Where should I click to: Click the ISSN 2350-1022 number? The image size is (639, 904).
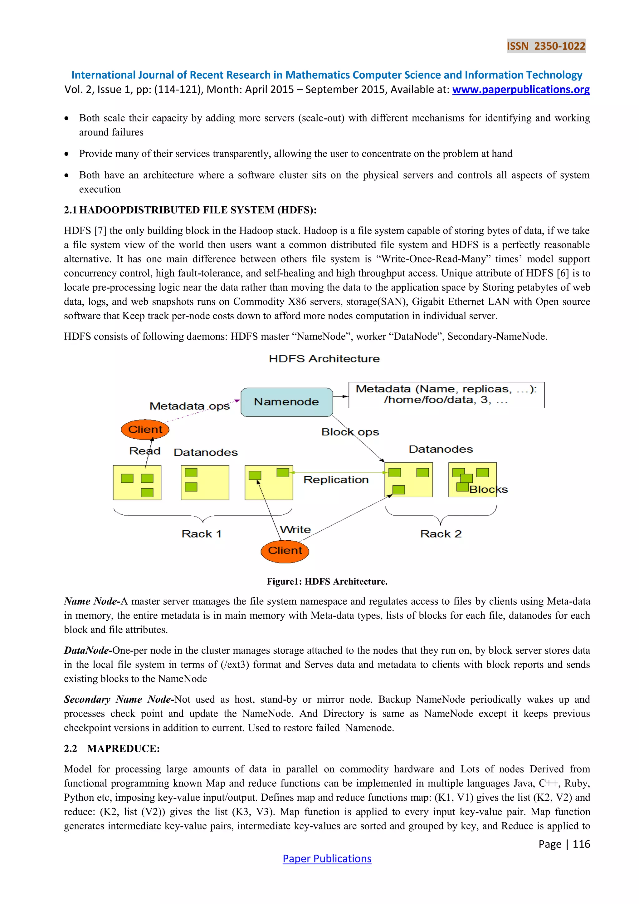pos(546,46)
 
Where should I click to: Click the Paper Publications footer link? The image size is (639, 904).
pos(327,858)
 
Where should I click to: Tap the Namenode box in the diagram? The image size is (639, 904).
pos(286,402)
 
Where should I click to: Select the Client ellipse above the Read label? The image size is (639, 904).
pos(145,429)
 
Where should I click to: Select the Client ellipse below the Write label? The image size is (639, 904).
pos(285,550)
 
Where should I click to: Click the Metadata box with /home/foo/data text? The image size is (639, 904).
pos(446,395)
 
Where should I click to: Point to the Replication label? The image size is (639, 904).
pos(336,479)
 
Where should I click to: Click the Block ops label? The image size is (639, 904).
pos(350,432)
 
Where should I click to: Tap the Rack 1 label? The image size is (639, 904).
pos(202,534)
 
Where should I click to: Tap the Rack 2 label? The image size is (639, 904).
pos(441,534)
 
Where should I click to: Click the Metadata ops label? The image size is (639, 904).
pos(189,406)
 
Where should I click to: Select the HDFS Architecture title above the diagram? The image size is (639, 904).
pos(324,359)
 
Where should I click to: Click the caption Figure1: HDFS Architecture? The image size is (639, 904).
pos(327,582)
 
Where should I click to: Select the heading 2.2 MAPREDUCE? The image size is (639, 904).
pos(112,749)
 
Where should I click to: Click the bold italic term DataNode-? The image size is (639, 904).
pos(88,651)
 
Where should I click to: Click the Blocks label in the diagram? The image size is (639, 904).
pos(488,489)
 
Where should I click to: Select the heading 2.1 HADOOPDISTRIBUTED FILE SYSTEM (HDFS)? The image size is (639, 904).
pos(190,210)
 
